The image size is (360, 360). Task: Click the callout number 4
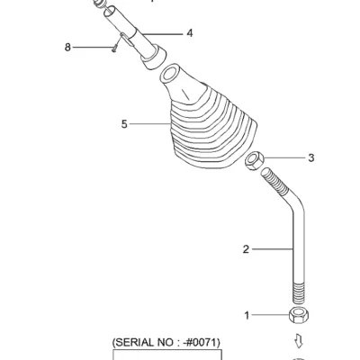click(189, 33)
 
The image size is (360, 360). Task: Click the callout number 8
click(67, 48)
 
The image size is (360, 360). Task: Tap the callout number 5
click(124, 124)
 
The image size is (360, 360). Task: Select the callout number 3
click(311, 157)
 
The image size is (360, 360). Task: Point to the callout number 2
click(246, 249)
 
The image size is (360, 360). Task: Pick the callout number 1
click(247, 316)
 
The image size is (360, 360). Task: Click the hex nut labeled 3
click(254, 161)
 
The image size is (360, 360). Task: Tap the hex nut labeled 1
click(299, 315)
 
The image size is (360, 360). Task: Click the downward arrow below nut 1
click(299, 341)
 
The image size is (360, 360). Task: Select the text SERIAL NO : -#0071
click(166, 342)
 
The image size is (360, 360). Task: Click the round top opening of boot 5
click(170, 74)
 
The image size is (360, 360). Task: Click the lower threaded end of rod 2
click(299, 292)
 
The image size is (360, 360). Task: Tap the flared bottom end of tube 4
click(154, 57)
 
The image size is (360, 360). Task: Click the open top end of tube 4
click(110, 12)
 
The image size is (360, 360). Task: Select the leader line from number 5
click(149, 124)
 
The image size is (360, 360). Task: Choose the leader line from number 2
click(273, 249)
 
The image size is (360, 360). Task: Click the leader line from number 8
click(93, 47)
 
